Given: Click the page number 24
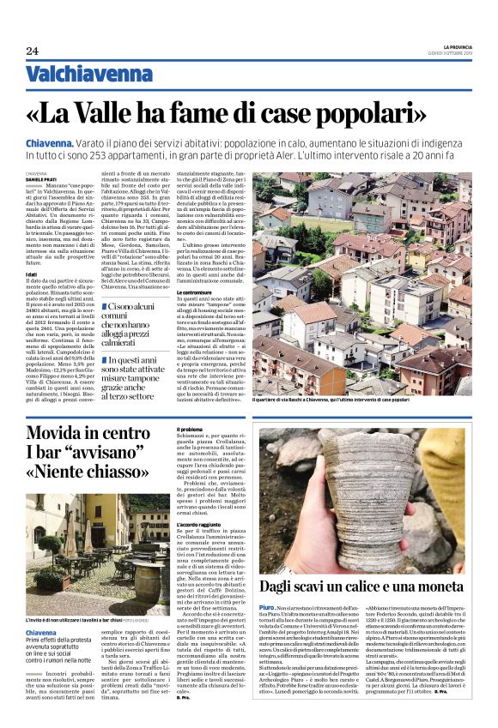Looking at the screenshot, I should pyautogui.click(x=33, y=51).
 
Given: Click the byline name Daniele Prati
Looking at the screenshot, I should pyautogui.click(x=41, y=178).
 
